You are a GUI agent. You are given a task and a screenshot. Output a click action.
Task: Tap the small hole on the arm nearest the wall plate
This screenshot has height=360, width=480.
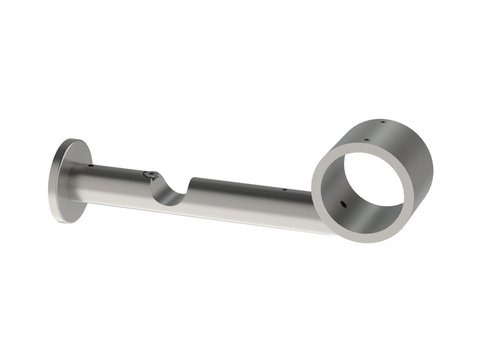tap(90, 166)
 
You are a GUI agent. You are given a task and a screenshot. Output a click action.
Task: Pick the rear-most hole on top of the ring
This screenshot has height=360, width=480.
tap(383, 122)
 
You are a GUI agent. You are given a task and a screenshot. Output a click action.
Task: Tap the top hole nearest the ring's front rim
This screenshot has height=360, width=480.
tap(366, 139)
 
